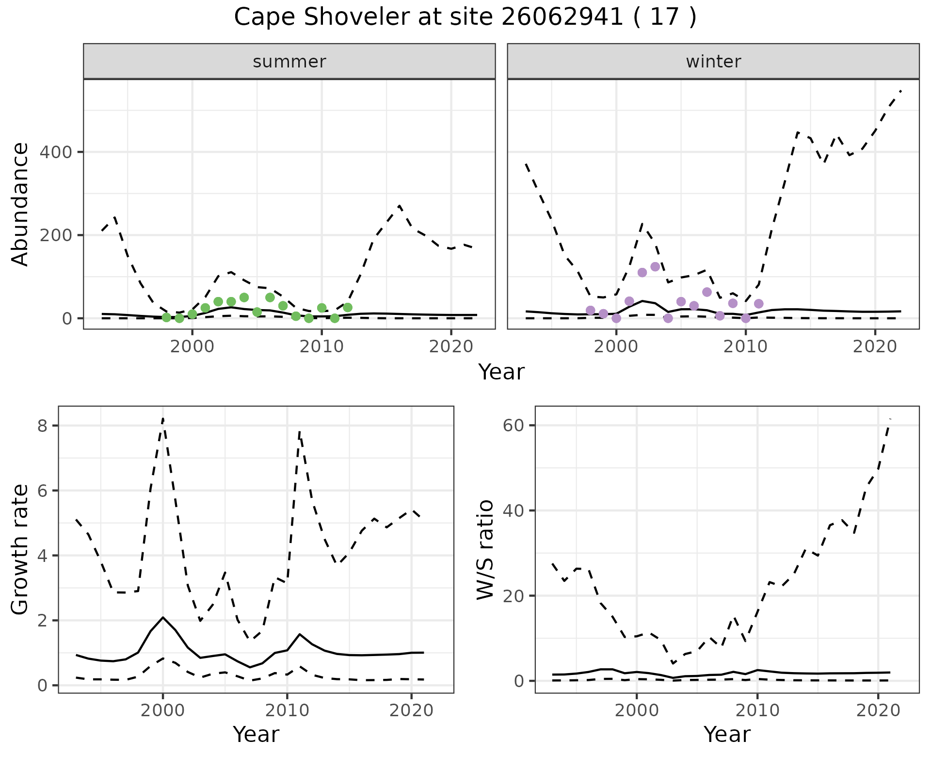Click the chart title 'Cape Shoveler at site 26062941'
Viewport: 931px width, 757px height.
pos(465,17)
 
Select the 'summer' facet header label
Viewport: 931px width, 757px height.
pos(289,62)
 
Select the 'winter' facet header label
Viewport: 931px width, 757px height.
pos(713,62)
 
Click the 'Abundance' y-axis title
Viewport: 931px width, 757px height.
pos(20,204)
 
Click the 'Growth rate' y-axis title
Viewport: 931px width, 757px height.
pos(20,549)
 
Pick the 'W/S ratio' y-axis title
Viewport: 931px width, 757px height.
pos(485,549)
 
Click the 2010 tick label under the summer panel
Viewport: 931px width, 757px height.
pos(321,347)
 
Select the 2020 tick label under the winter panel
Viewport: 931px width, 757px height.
pos(875,347)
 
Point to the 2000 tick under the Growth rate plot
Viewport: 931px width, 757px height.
pos(163,711)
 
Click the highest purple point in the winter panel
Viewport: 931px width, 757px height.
pos(655,266)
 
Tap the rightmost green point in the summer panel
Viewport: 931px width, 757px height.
pos(348,307)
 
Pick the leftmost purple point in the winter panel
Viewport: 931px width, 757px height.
pos(590,311)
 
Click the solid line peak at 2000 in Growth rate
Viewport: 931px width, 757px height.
pos(163,617)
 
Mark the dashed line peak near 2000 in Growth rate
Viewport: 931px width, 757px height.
pos(163,418)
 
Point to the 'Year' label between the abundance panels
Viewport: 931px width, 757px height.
pos(501,372)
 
